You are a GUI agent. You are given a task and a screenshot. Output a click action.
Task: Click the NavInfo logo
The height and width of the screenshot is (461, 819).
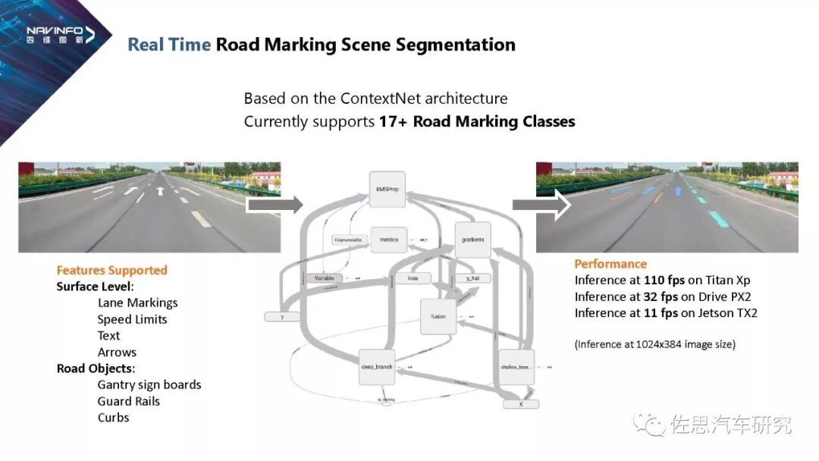pos(60,34)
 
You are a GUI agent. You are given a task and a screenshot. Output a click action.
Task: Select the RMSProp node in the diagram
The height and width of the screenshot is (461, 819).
pos(387,189)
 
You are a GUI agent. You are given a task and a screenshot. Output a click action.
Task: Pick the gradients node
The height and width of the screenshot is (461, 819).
pos(472,240)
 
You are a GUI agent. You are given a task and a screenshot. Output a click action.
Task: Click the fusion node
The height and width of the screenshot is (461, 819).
pos(438,316)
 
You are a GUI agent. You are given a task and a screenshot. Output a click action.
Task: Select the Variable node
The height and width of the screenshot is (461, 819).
pos(325,278)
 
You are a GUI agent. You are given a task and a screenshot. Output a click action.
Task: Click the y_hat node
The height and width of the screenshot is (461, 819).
pos(472,278)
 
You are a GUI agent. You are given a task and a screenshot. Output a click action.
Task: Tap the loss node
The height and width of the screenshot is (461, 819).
pos(413,278)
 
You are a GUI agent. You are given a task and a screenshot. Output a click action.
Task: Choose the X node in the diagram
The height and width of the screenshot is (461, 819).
pos(520,404)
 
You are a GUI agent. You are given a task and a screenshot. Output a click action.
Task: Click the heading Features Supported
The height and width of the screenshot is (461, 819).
pos(111,270)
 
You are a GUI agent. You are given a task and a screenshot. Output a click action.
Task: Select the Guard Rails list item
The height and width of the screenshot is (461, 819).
pos(129,401)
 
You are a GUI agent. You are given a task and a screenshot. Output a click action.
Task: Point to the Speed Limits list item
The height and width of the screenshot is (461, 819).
pos(132,319)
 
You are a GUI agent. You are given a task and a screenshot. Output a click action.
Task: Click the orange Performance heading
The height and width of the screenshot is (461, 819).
pos(610,264)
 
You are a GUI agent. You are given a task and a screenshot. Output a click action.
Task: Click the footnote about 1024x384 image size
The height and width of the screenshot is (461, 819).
pos(655,344)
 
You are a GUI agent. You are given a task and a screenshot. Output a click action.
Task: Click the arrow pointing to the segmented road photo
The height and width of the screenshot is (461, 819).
pos(541,205)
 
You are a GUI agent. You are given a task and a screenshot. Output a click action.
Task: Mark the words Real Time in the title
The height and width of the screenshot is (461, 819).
pos(169,45)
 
